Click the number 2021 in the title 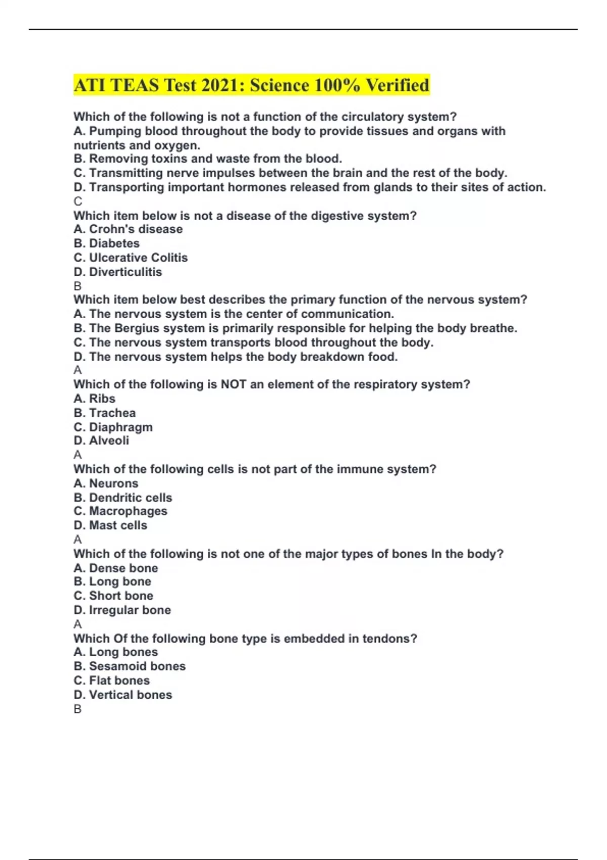pos(222,85)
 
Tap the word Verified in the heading pos(398,85)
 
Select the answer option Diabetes pos(114,243)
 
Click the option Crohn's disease pos(136,229)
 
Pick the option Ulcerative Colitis pos(138,257)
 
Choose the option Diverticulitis pos(125,272)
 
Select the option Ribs pos(102,399)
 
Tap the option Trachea pos(112,413)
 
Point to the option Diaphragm pos(120,427)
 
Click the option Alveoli pos(109,441)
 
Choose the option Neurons pos(113,483)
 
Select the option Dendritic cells pos(131,497)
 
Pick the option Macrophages pos(128,511)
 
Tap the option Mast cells pos(118,525)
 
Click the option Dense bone pos(123,568)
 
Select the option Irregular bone pos(130,610)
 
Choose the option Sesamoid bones pos(137,666)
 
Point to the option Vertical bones pos(131,695)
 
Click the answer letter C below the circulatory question pos(77,201)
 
